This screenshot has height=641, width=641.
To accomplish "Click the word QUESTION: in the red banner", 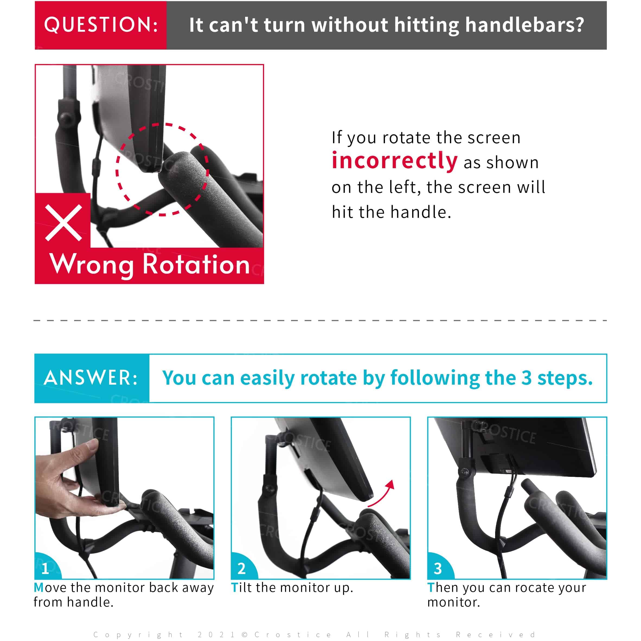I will point(101,25).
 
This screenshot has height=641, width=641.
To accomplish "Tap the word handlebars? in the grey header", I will point(524,25).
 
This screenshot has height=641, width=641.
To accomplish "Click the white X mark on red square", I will point(63,223).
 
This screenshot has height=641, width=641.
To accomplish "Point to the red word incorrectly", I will point(395,161).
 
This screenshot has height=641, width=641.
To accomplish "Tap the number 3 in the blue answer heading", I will point(526,378).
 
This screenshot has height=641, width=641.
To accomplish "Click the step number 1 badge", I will point(46,569).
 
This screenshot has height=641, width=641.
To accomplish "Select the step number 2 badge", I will point(242,569).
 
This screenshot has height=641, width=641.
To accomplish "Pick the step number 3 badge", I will point(438,569).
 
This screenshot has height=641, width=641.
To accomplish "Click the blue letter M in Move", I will point(39,588).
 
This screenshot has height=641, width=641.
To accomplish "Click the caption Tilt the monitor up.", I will point(292,588).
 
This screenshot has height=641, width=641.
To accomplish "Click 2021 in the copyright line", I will point(216,635).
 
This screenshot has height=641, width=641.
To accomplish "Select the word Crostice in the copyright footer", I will point(293,635).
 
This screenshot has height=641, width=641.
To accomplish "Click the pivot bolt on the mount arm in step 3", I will point(464,472).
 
